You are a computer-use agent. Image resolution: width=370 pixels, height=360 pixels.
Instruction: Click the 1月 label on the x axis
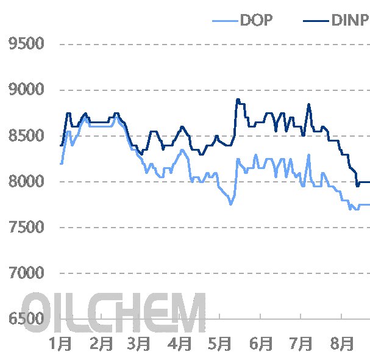point(61,344)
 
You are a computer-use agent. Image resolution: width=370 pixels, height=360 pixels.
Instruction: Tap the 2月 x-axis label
point(101,344)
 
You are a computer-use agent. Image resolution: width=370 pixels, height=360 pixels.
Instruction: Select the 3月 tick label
point(140,344)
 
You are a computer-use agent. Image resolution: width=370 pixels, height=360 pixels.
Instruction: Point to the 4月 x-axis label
point(180,344)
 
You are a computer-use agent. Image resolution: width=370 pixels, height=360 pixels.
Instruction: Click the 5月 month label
point(219,344)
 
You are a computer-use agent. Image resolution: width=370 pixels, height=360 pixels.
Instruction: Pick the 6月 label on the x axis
point(260,344)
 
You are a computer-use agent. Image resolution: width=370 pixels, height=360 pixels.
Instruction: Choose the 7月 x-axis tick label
point(300,344)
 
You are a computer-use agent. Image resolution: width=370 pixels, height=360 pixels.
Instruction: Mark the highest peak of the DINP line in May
point(237,99)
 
